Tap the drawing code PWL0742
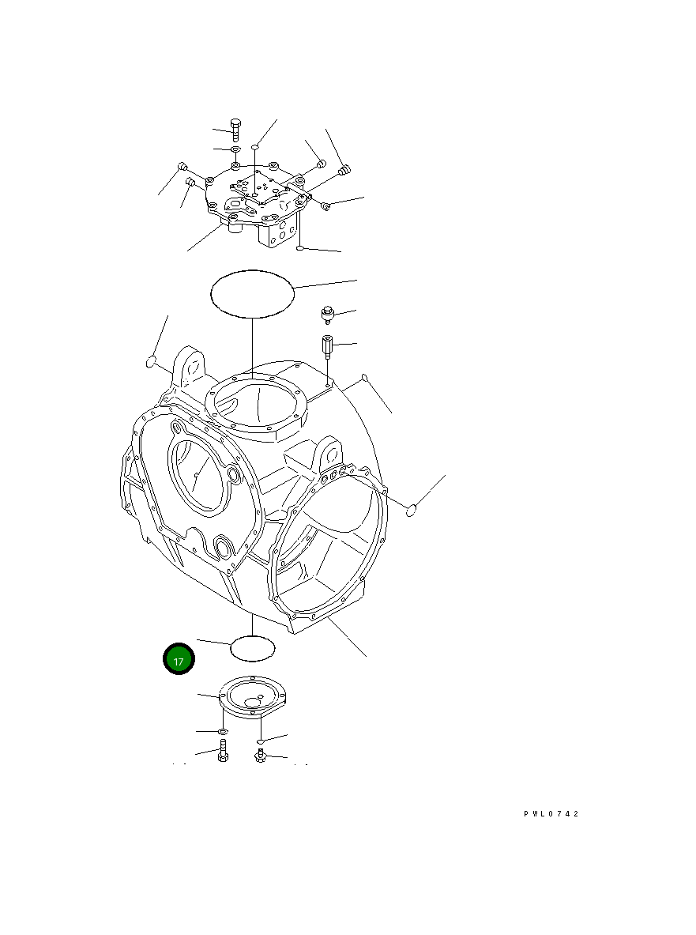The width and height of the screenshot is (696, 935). click(551, 814)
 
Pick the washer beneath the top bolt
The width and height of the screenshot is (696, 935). click(235, 149)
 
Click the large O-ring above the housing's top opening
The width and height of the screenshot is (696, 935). click(252, 294)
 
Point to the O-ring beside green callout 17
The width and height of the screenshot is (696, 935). click(252, 648)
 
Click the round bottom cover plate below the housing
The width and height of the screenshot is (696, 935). click(252, 695)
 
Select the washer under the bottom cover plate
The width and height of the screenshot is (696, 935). click(223, 733)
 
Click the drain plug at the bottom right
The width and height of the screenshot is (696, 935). click(259, 756)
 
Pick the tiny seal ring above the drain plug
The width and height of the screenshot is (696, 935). click(259, 741)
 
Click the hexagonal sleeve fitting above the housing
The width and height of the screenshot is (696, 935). click(328, 346)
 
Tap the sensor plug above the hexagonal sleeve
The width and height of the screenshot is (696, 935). click(327, 315)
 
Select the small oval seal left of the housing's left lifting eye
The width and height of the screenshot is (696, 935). click(152, 362)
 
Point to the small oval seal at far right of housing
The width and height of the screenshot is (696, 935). click(410, 510)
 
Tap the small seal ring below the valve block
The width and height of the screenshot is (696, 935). click(300, 249)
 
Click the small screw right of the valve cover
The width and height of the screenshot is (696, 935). click(325, 206)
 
